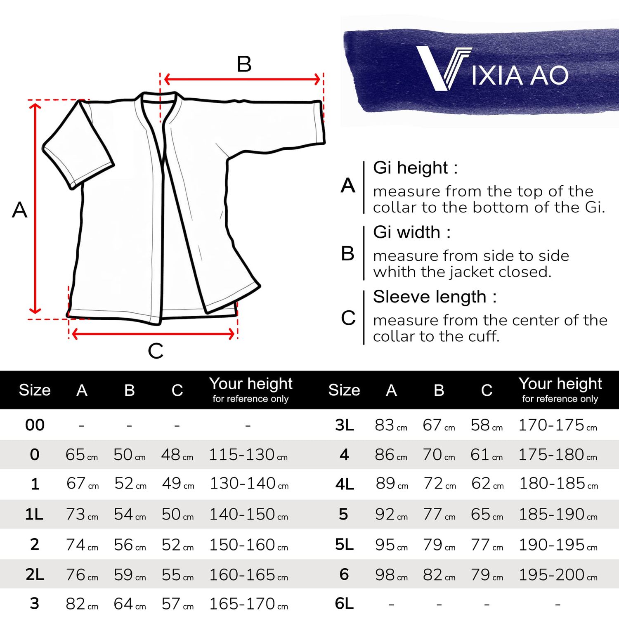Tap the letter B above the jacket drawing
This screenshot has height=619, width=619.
(x=244, y=64)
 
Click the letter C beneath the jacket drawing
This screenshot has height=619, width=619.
(x=156, y=351)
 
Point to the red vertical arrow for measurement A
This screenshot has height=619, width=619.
(x=35, y=208)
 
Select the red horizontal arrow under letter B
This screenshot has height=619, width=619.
(x=242, y=79)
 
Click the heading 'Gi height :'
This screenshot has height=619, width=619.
(x=415, y=168)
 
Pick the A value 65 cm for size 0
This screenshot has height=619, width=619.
(x=81, y=455)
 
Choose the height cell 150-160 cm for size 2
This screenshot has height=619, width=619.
(x=248, y=545)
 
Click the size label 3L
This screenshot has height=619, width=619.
(x=344, y=425)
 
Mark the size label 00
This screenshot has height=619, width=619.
(x=35, y=425)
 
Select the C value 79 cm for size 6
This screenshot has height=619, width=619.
(x=486, y=575)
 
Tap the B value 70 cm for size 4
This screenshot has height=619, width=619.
(x=438, y=455)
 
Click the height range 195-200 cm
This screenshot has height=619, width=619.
(x=557, y=575)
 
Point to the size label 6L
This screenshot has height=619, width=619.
(x=344, y=604)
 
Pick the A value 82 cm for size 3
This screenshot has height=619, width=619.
(x=81, y=604)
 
